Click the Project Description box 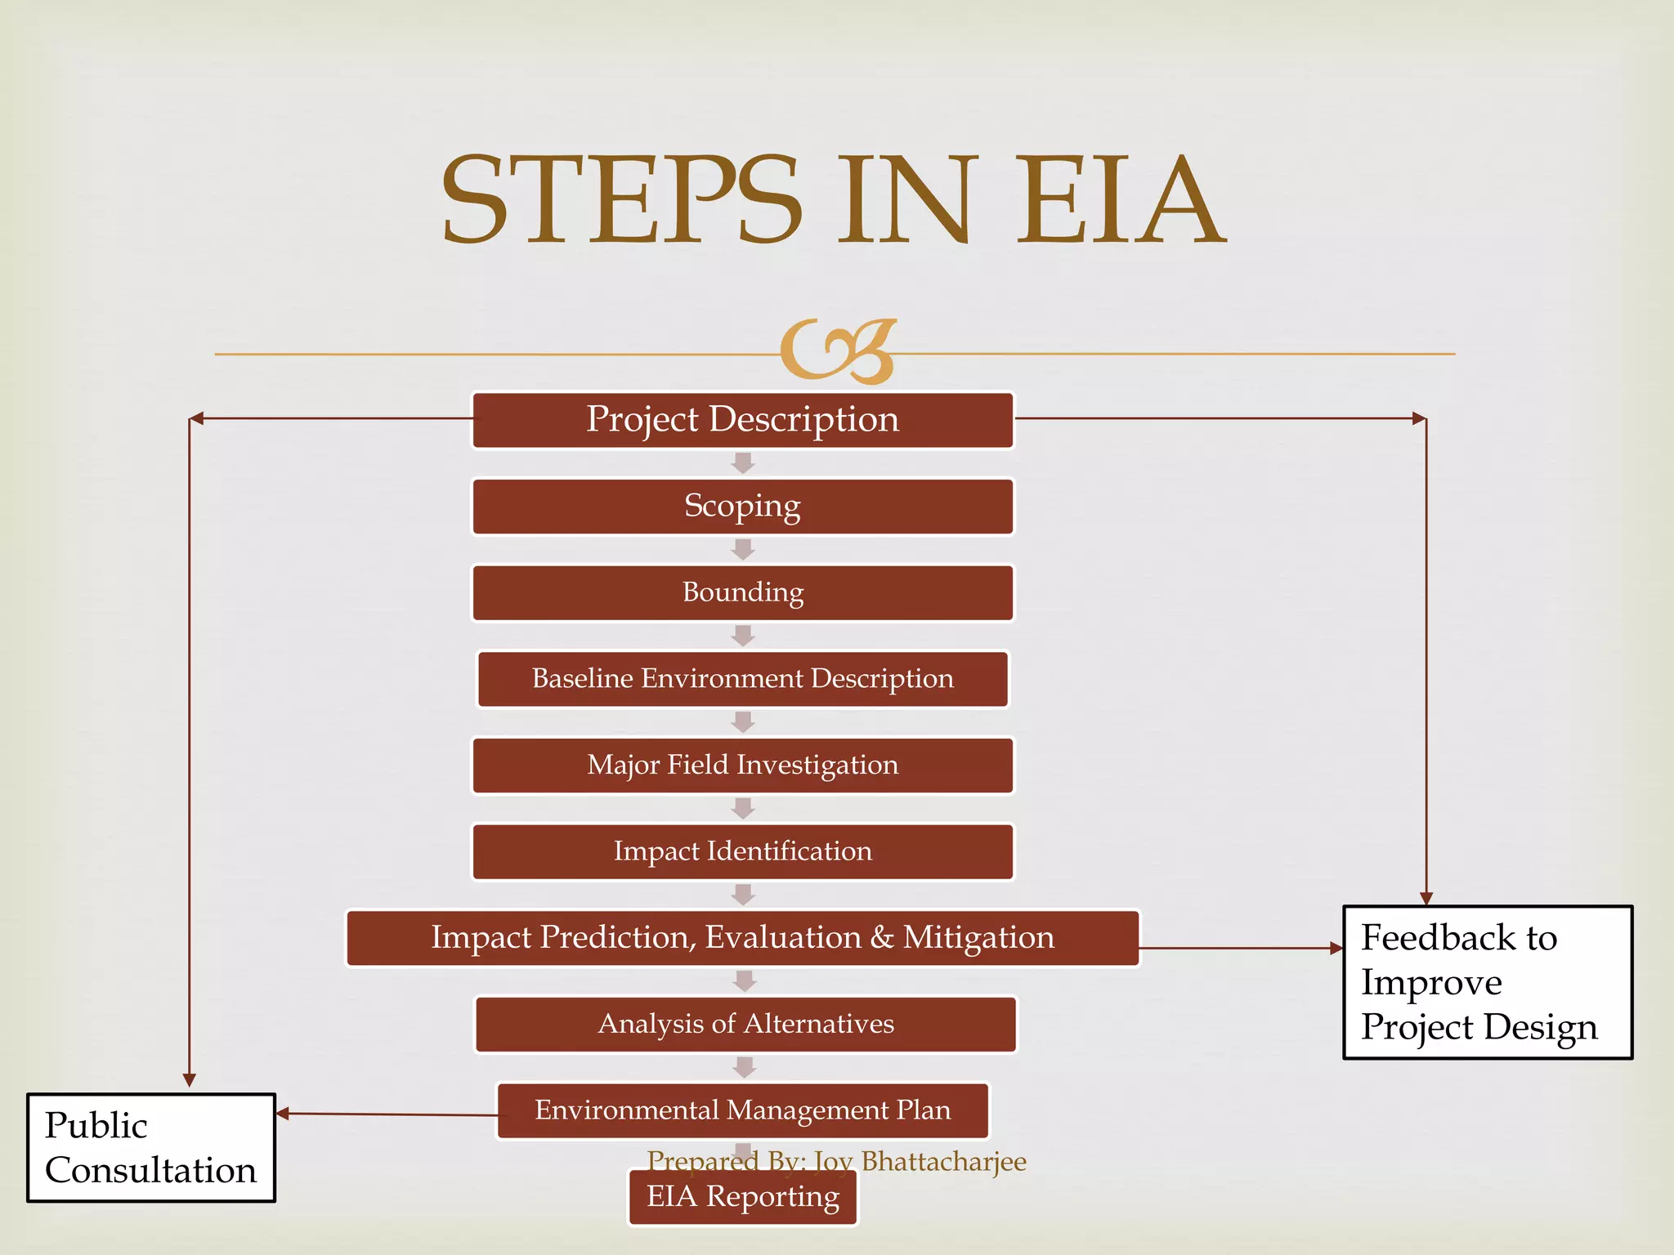[742, 420]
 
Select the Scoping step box [742, 507]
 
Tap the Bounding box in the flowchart [742, 592]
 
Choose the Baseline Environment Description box [742, 679]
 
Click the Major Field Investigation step [742, 766]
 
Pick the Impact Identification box [742, 851]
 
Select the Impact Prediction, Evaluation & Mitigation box [742, 938]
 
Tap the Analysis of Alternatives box [745, 1024]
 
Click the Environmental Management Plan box [742, 1110]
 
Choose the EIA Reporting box [742, 1198]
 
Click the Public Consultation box [151, 1147]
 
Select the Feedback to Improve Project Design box [1488, 982]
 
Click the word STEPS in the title [621, 200]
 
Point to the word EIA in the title [1120, 200]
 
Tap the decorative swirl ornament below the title [838, 351]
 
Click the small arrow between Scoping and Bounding [742, 549]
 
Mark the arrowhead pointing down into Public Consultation [190, 1079]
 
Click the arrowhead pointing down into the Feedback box [1426, 898]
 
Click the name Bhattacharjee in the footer [943, 1161]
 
